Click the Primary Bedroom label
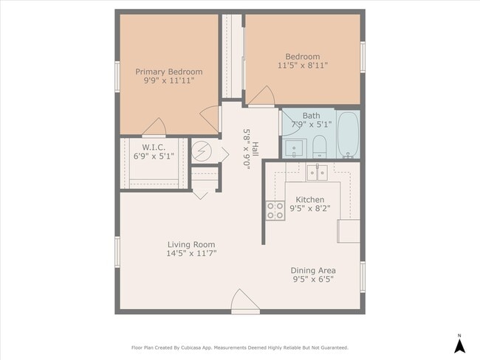(168, 72)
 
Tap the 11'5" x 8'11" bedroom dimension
(303, 66)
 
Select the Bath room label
(312, 116)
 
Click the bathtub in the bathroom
(348, 134)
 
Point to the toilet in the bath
(320, 147)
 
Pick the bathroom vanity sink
(294, 148)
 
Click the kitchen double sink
(317, 173)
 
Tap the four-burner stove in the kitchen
(275, 211)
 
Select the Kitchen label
(310, 200)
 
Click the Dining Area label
(313, 271)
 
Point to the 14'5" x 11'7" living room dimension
(191, 253)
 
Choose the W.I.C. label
(154, 147)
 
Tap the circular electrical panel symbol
(202, 151)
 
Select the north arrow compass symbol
(459, 345)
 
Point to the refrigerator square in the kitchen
(349, 231)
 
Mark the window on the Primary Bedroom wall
(117, 77)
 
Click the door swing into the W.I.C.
(154, 127)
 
